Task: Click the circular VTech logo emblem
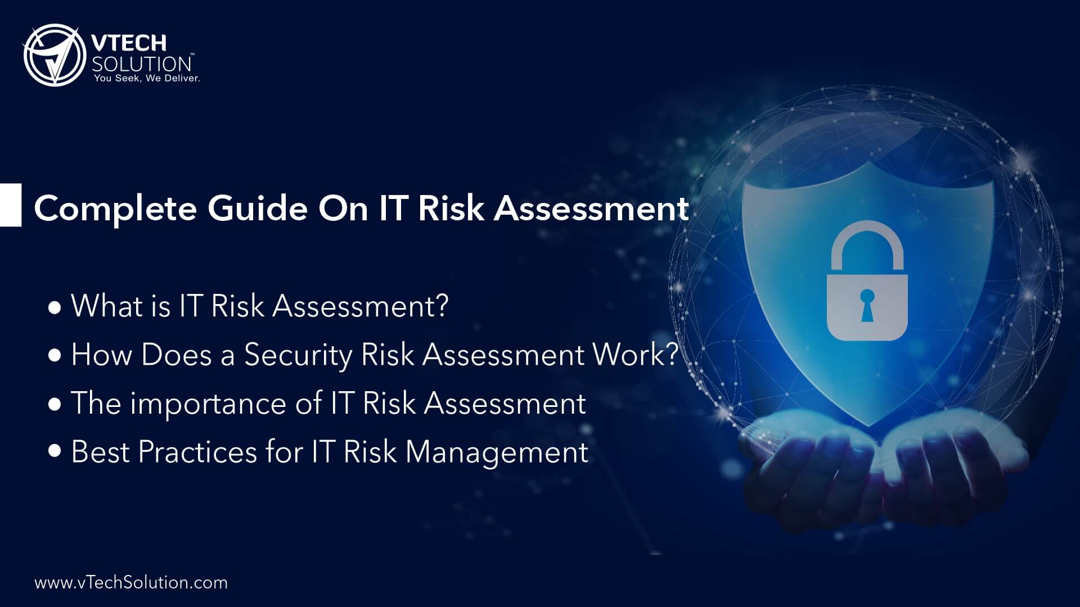[54, 55]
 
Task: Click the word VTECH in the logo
[129, 43]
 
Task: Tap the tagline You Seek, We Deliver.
[147, 78]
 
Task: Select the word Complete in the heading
[115, 209]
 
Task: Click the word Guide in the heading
[258, 209]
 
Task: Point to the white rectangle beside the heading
[10, 205]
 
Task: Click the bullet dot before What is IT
[55, 308]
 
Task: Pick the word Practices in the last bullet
[197, 452]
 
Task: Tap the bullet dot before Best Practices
[55, 451]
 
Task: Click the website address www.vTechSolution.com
[131, 582]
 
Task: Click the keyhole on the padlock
[866, 304]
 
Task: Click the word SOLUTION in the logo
[142, 63]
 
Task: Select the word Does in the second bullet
[176, 356]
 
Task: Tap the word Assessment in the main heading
[591, 209]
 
